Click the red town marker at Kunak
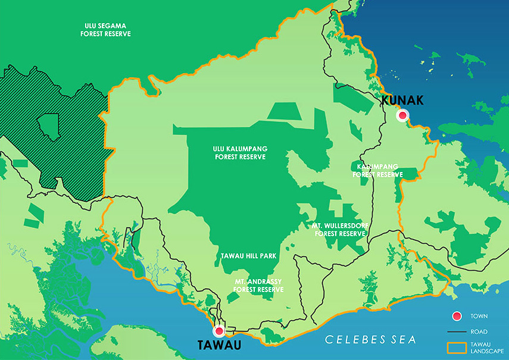(403, 115)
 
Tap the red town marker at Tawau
(218, 331)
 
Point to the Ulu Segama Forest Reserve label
(105, 30)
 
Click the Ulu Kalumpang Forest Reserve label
(239, 153)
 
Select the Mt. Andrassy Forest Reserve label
(258, 285)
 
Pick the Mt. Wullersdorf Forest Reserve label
(338, 230)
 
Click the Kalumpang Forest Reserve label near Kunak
(377, 171)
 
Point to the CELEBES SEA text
(370, 340)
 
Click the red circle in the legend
(457, 316)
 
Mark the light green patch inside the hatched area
(48, 124)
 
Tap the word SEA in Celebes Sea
(402, 340)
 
